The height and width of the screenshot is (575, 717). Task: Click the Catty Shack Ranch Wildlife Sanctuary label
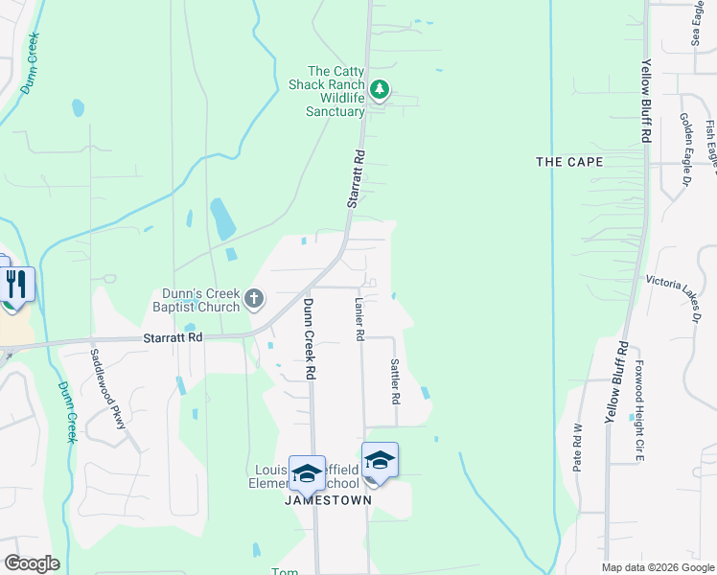tap(335, 91)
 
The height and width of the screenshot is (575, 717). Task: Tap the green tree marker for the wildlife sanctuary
tap(381, 90)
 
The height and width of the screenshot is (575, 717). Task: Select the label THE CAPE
tap(569, 162)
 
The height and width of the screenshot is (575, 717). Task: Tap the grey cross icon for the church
tap(254, 298)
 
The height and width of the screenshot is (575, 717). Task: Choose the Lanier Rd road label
tap(359, 319)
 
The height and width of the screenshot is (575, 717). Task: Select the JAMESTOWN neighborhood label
tap(328, 501)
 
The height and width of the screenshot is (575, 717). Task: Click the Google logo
tap(31, 563)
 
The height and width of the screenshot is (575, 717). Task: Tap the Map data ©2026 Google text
tap(657, 567)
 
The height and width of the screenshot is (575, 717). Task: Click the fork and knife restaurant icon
tap(17, 284)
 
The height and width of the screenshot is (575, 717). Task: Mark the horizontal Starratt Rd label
tap(173, 338)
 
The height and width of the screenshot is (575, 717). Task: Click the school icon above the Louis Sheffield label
tap(308, 472)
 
